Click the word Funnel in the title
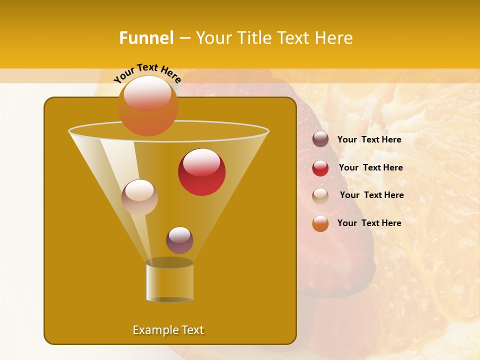click(146, 38)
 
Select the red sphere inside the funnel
click(202, 172)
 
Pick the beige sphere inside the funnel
click(140, 197)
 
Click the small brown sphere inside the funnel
click(179, 240)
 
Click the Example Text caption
click(168, 330)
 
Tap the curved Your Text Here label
click(147, 73)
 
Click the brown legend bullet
click(320, 139)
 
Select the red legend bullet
click(320, 168)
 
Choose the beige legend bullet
click(320, 195)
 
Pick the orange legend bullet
click(320, 223)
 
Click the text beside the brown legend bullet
click(369, 139)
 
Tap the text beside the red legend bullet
click(370, 167)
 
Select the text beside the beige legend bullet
click(371, 195)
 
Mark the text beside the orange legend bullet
click(369, 223)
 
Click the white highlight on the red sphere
click(201, 162)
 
